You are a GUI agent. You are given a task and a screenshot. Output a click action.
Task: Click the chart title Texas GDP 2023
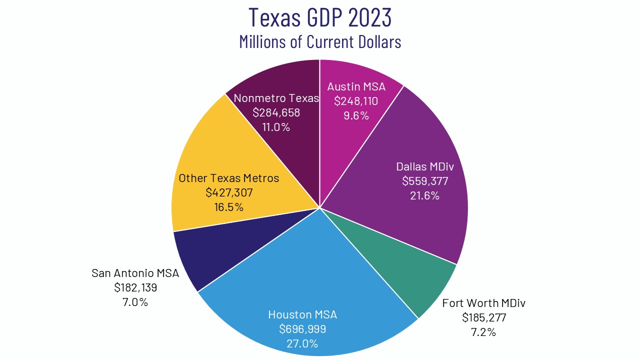pos(320,17)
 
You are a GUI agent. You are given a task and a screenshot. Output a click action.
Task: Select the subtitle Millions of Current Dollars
pos(320,41)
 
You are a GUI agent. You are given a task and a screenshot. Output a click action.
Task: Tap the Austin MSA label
pos(356,86)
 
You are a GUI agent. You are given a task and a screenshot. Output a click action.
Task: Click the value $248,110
pos(356,101)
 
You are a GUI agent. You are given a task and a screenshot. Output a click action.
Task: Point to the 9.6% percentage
pos(356,115)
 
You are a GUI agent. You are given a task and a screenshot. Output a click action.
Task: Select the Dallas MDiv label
pos(425,166)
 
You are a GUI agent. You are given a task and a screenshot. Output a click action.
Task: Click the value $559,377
pos(425,180)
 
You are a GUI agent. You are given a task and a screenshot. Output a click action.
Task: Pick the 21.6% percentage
pos(425,195)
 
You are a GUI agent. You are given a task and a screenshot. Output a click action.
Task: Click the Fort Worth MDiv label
pos(483,303)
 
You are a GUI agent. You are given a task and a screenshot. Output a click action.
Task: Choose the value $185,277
pos(483,317)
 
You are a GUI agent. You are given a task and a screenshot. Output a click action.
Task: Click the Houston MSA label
pos(302,314)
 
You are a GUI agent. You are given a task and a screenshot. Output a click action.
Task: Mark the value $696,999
pos(302,329)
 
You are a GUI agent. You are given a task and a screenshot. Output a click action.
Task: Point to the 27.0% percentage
pos(302,343)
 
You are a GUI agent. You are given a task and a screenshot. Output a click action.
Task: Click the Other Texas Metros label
pos(228,178)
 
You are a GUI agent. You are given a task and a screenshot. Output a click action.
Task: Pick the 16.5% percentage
pos(228,207)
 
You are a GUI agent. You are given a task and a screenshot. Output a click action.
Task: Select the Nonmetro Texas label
pos(276,98)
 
